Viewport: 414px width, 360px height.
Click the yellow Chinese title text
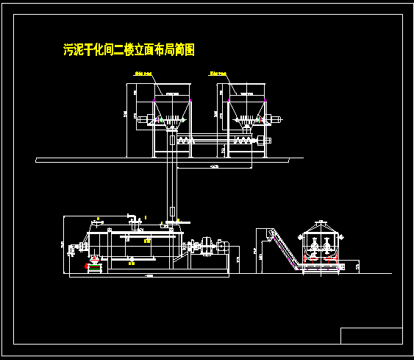[x=129, y=50]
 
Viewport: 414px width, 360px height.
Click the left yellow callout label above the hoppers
[x=142, y=74]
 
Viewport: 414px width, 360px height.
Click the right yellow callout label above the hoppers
[x=218, y=74]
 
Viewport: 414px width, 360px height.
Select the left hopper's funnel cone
[x=170, y=110]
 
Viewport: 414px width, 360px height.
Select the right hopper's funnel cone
[x=246, y=110]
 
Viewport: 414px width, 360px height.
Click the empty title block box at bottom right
[x=371, y=336]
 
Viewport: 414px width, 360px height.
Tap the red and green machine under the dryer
[x=93, y=263]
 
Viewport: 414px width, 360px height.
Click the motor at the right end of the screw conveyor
[x=277, y=119]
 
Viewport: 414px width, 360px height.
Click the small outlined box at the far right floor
[x=359, y=266]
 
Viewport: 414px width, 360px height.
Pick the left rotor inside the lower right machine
[x=312, y=247]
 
